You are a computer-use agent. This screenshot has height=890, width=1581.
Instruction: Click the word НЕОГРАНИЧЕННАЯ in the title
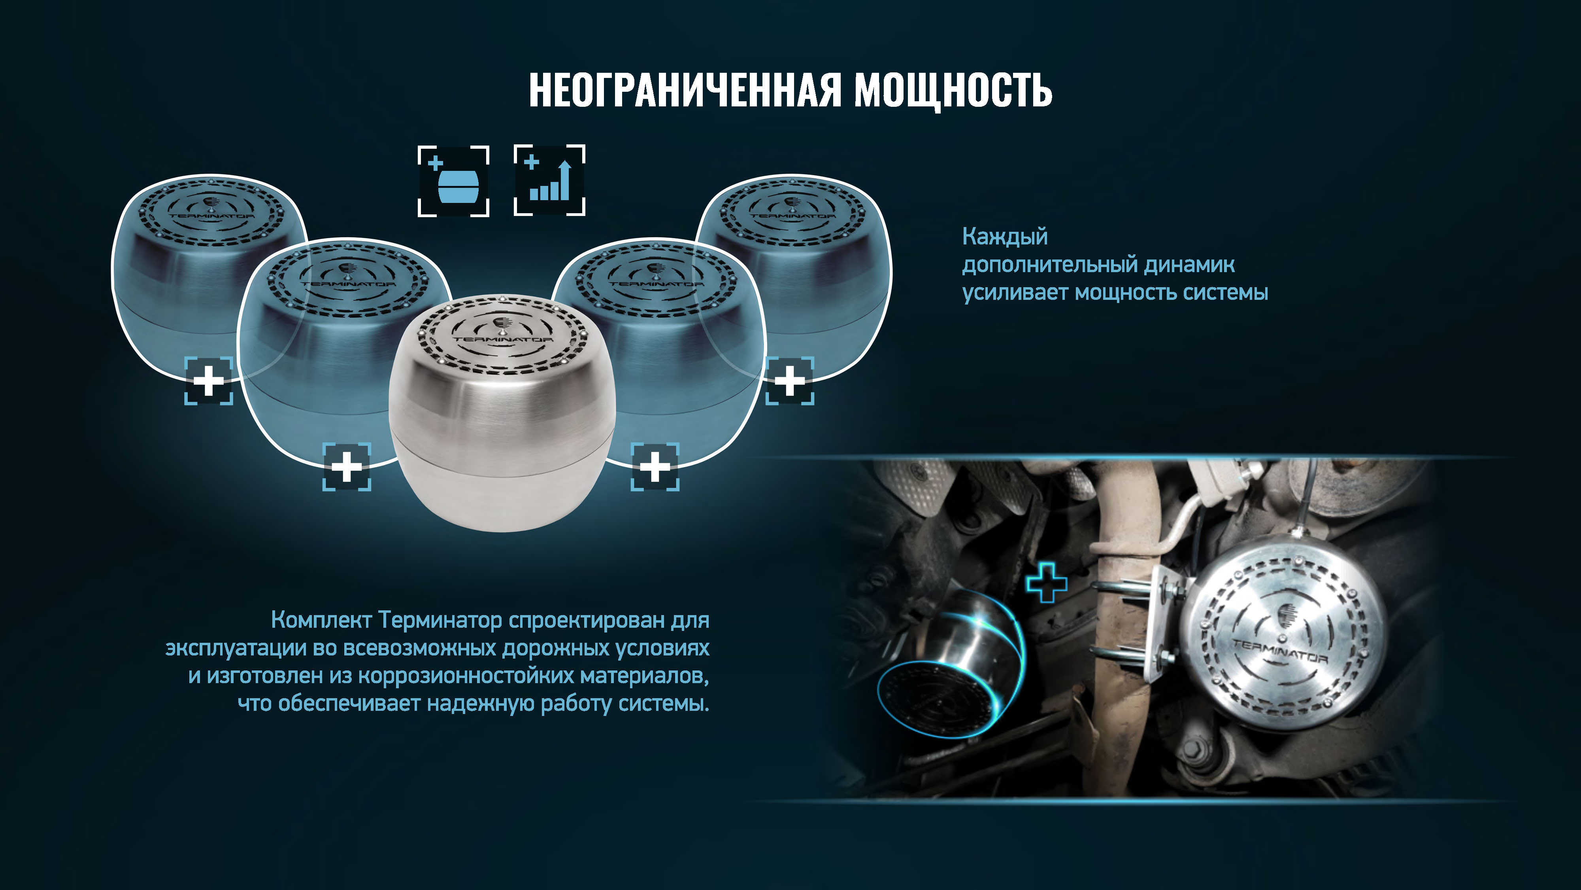[684, 90]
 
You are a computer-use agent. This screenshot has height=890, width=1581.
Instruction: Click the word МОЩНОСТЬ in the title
[953, 90]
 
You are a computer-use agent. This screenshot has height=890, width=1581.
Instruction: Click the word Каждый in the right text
[1005, 237]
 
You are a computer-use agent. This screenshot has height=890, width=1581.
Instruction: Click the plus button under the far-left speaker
[209, 381]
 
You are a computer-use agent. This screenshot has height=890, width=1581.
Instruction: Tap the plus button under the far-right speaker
[790, 381]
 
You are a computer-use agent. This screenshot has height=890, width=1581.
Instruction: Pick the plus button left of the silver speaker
[347, 467]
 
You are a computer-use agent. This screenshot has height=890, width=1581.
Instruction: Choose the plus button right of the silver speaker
[655, 467]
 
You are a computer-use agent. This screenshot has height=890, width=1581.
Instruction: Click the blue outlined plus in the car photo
[1047, 582]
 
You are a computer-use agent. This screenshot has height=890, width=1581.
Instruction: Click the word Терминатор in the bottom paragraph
[440, 620]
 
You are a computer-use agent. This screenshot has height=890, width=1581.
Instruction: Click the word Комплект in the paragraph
[321, 620]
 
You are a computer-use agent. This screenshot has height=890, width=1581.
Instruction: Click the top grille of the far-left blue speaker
[209, 212]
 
